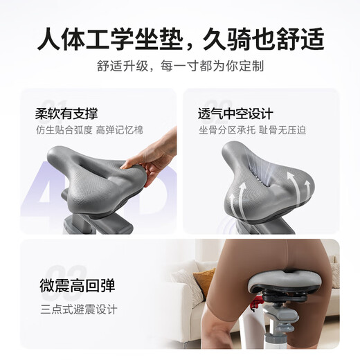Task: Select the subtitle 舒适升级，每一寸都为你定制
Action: point(179,67)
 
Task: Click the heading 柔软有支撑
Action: point(68,113)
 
